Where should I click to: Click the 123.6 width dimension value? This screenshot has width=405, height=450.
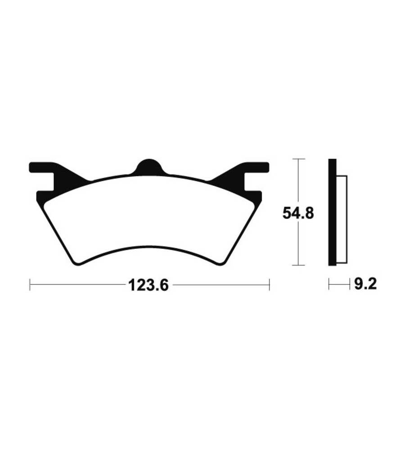(148, 285)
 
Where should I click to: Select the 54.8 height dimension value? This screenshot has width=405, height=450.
(298, 213)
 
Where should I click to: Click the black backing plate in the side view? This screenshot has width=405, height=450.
(332, 212)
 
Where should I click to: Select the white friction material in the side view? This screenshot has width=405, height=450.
(342, 220)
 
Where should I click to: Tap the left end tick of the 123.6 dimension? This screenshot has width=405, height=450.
(30, 284)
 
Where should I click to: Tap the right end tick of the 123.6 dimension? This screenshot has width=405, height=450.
(269, 284)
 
